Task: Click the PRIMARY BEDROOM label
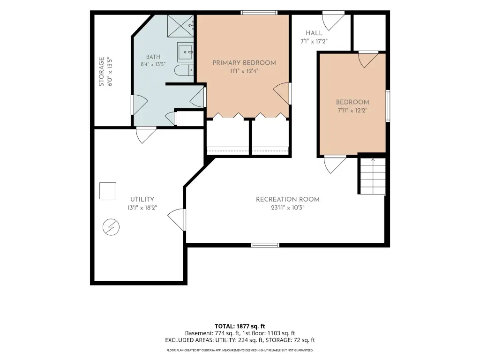(244, 63)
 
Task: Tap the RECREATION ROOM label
(288, 199)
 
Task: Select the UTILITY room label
(142, 199)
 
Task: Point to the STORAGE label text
(101, 71)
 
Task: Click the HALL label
(314, 33)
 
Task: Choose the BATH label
(153, 57)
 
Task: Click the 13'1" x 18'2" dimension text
(142, 208)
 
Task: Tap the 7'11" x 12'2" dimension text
(352, 111)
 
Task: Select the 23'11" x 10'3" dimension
(288, 208)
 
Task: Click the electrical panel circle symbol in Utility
(111, 227)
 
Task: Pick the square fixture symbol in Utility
(108, 191)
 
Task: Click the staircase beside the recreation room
(373, 176)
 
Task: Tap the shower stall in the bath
(180, 26)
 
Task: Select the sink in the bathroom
(185, 52)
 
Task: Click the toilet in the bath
(184, 70)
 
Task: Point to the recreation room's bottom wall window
(265, 245)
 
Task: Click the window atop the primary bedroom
(259, 13)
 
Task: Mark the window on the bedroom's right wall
(388, 106)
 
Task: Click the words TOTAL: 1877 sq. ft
(240, 326)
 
